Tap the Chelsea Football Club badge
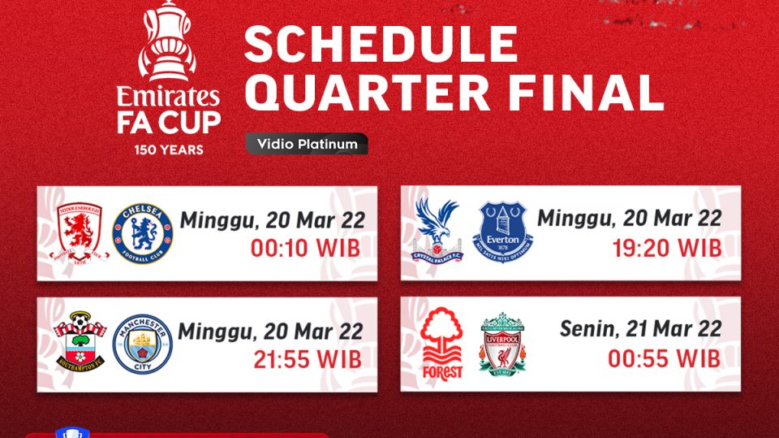[x=143, y=233]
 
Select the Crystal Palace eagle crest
[x=437, y=231]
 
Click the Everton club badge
[x=503, y=232]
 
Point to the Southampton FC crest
[x=79, y=344]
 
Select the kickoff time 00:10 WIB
[x=306, y=248]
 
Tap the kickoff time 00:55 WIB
[x=663, y=358]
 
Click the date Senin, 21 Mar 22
[x=640, y=329]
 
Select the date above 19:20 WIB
[x=629, y=218]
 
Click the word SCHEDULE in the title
[x=381, y=45]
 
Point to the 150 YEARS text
[x=170, y=150]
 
